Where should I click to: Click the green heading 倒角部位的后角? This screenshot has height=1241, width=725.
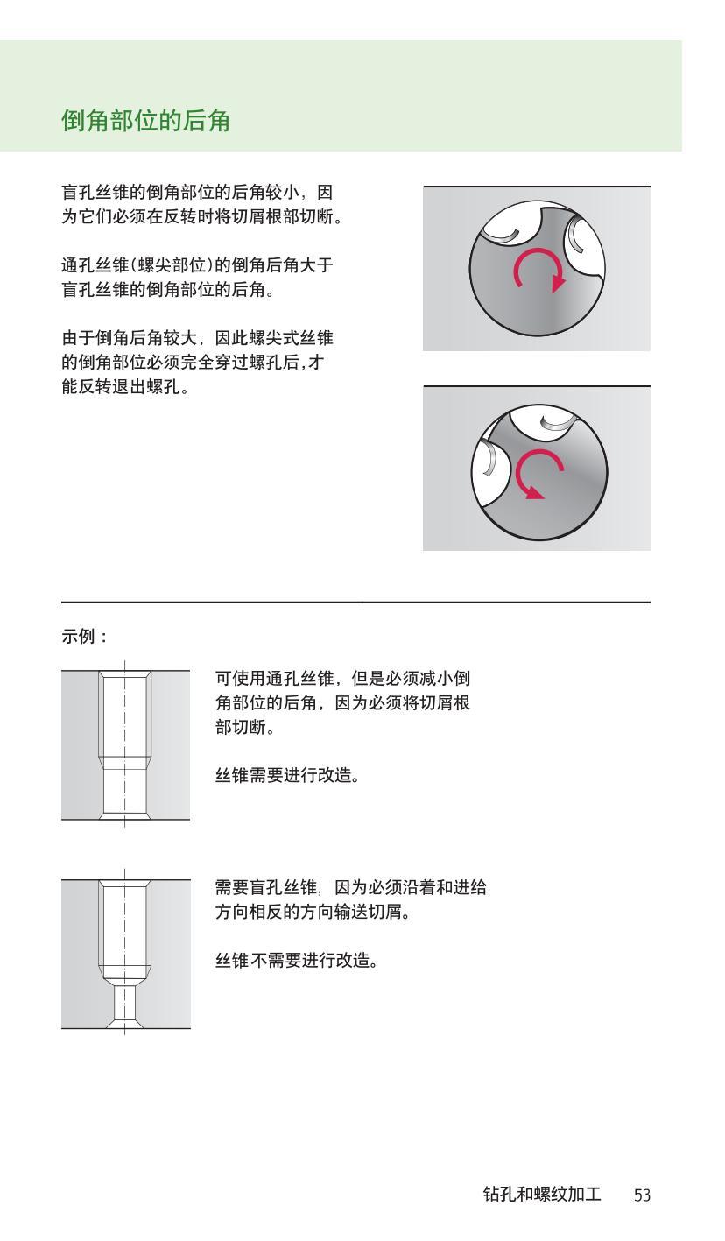[x=145, y=121]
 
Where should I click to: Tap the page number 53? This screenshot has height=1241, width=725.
[x=642, y=1195]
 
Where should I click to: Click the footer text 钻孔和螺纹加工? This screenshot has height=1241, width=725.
[x=541, y=1195]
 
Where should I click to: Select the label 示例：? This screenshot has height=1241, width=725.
[x=84, y=637]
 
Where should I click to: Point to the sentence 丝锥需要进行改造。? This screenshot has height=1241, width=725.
[x=287, y=775]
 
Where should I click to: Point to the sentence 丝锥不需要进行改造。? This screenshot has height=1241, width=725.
[x=296, y=961]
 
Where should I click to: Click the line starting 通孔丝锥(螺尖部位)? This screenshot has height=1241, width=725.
[x=196, y=265]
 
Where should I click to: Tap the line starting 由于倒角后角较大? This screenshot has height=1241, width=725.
[x=196, y=338]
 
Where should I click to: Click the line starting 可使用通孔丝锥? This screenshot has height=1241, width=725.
[x=342, y=679]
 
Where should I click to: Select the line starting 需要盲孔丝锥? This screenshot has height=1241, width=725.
[x=350, y=888]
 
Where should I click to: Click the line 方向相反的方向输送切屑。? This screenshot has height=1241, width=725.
[x=313, y=913]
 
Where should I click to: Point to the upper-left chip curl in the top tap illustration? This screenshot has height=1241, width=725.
[x=502, y=229]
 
